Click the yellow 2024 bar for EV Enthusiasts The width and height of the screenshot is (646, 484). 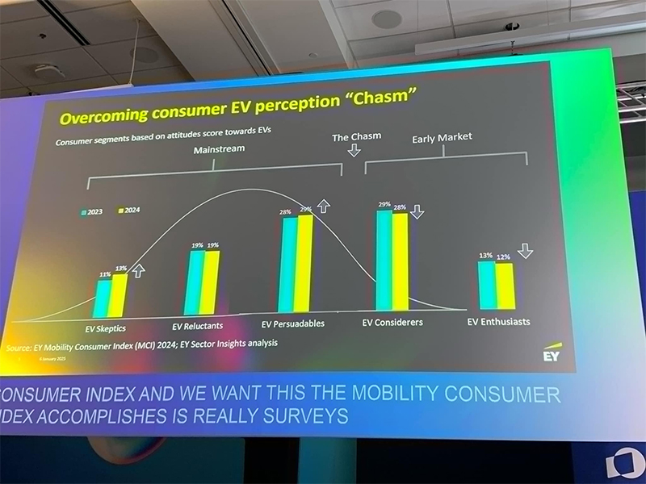click(x=504, y=286)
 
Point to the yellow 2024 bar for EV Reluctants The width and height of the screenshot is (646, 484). click(x=211, y=282)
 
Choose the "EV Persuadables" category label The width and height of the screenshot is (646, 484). click(x=293, y=323)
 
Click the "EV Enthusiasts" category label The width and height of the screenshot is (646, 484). click(x=499, y=321)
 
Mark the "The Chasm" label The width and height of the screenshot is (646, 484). click(x=356, y=137)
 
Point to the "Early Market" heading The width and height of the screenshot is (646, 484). click(x=442, y=138)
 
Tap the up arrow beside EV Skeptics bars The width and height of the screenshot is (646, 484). click(x=137, y=270)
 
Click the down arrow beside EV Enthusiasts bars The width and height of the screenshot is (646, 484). click(x=526, y=251)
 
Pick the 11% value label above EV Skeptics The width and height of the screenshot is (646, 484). click(x=104, y=274)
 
